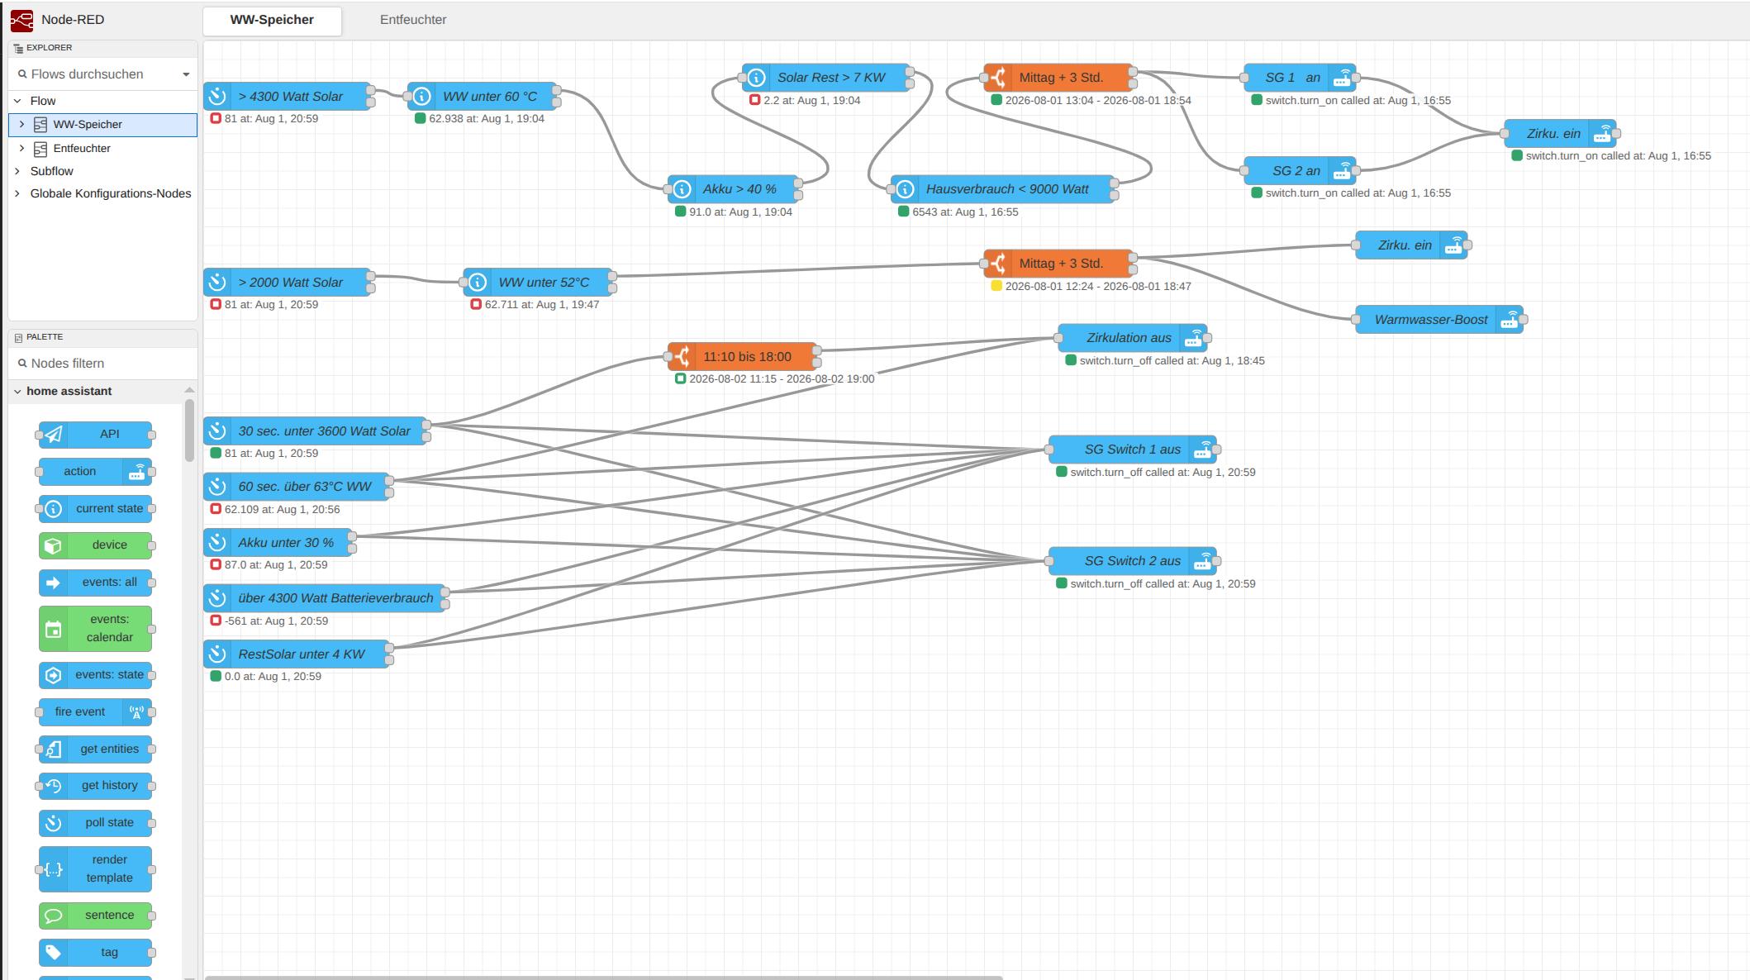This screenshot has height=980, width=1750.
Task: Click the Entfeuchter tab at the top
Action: click(x=413, y=20)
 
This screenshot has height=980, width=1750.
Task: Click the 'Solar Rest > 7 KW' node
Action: click(x=826, y=78)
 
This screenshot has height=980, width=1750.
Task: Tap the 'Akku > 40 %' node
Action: click(x=733, y=189)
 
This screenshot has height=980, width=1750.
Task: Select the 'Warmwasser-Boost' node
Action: click(x=1439, y=320)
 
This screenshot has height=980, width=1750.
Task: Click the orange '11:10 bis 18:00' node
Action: click(x=743, y=357)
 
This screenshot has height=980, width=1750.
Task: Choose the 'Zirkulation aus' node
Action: click(x=1133, y=338)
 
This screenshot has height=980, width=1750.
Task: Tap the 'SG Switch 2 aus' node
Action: click(x=1133, y=561)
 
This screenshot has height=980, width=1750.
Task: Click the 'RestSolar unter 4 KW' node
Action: click(x=297, y=654)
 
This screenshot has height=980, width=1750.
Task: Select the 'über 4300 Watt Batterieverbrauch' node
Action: click(x=325, y=598)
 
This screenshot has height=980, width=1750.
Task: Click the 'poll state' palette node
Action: click(x=95, y=823)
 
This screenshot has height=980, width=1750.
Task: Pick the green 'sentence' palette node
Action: click(x=95, y=916)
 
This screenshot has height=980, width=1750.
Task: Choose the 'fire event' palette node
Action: click(x=95, y=712)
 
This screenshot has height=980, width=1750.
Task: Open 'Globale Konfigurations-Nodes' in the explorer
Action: click(x=111, y=193)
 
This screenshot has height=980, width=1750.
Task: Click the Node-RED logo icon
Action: click(x=22, y=20)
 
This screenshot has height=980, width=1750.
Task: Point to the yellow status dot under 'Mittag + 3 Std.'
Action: click(x=996, y=286)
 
